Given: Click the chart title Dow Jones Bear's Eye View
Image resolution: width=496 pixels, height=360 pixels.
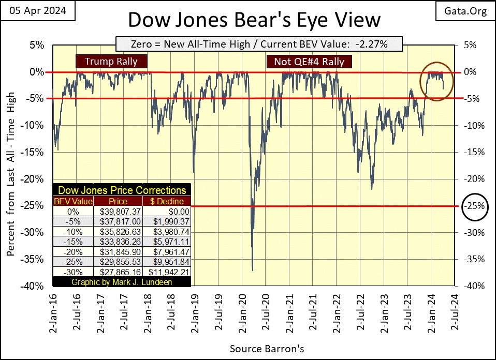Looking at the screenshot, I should pyautogui.click(x=254, y=20).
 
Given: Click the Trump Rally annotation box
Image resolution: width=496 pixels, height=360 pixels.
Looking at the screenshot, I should pyautogui.click(x=111, y=62).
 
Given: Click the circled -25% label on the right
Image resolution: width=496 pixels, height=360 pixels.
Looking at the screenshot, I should pyautogui.click(x=475, y=206).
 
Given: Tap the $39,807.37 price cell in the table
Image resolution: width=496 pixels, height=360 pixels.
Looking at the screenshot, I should pyautogui.click(x=120, y=211).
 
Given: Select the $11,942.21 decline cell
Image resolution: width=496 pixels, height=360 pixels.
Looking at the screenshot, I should pyautogui.click(x=167, y=272).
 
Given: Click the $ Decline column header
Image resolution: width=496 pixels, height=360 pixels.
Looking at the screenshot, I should pyautogui.click(x=167, y=201).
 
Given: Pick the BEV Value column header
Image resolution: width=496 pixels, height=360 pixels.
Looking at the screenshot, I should pyautogui.click(x=74, y=201).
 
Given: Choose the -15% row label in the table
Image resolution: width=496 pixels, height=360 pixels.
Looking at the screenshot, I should pyautogui.click(x=74, y=241).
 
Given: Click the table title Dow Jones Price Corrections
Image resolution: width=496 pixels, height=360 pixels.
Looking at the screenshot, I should pyautogui.click(x=122, y=190).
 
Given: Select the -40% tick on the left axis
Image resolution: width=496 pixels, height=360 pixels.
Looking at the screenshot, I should pyautogui.click(x=35, y=286).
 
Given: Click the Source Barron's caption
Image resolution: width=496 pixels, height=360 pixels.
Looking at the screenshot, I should pyautogui.click(x=267, y=349).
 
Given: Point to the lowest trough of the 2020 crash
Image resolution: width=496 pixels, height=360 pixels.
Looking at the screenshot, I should pyautogui.click(x=252, y=269).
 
